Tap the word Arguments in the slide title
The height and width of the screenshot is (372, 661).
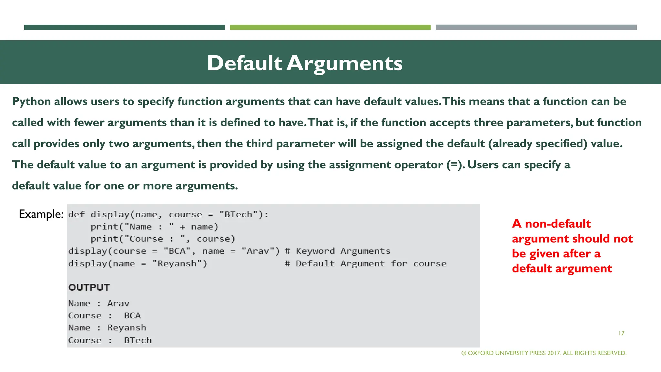pyautogui.click(x=344, y=63)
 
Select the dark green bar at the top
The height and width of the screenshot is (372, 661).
pyautogui.click(x=124, y=27)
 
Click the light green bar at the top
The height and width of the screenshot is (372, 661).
pyautogui.click(x=330, y=27)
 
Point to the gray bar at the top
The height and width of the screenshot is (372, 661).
pyautogui.click(x=536, y=27)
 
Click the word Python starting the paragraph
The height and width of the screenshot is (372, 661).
pyautogui.click(x=31, y=102)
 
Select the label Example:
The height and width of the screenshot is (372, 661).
pyautogui.click(x=41, y=214)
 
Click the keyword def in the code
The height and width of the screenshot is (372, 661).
pyautogui.click(x=76, y=215)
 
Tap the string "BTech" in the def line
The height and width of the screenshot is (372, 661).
pyautogui.click(x=238, y=215)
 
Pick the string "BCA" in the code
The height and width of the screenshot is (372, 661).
pyautogui.click(x=177, y=251)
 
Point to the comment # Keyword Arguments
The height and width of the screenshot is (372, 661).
pyautogui.click(x=338, y=251)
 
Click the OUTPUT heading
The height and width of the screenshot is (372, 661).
pyautogui.click(x=89, y=287)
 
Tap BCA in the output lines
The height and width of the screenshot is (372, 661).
pyautogui.click(x=132, y=316)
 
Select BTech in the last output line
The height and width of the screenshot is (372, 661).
pyautogui.click(x=138, y=340)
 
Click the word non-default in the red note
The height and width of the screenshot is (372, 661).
pyautogui.click(x=558, y=224)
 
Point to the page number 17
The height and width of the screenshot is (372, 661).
pyautogui.click(x=621, y=333)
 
